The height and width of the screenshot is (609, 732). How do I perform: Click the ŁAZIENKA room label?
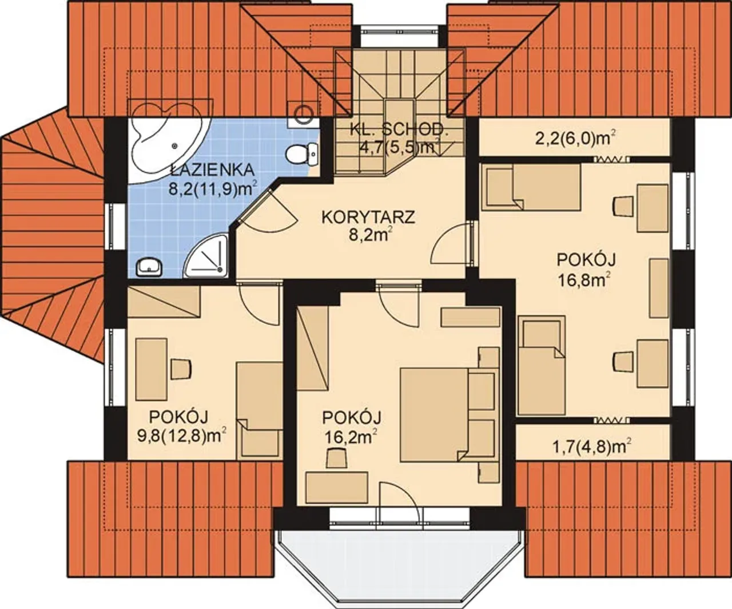click(x=212, y=170)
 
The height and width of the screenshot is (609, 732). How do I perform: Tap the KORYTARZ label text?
click(x=368, y=217)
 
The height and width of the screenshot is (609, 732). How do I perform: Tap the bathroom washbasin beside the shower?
click(x=149, y=267)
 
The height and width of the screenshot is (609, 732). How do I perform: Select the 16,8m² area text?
click(x=586, y=280)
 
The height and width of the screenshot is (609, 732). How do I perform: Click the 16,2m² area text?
click(x=351, y=437)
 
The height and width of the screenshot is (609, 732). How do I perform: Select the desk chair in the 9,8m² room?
click(x=181, y=369)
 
